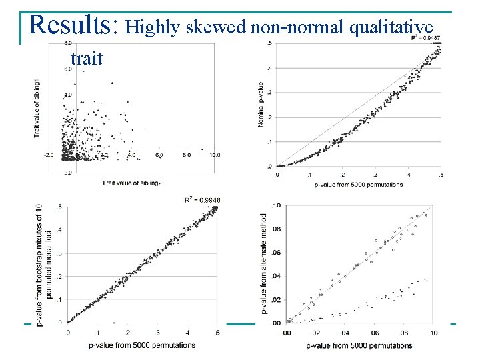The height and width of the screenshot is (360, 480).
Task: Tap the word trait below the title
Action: point(86,59)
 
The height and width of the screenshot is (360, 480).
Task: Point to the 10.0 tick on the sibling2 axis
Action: point(213,155)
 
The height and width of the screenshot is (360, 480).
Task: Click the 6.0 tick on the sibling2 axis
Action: point(159,155)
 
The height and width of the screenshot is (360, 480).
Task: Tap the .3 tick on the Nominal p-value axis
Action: point(269,93)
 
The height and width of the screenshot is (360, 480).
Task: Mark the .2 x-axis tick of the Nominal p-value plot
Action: point(343,174)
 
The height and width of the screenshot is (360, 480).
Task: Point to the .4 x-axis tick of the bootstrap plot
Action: point(187,332)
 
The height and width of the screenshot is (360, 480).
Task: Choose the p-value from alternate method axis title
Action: point(265,263)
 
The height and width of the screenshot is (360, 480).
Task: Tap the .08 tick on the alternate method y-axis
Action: point(275,229)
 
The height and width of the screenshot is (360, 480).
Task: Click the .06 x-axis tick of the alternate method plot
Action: point(375,333)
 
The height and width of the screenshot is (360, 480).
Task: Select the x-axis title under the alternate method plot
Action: point(359,345)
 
